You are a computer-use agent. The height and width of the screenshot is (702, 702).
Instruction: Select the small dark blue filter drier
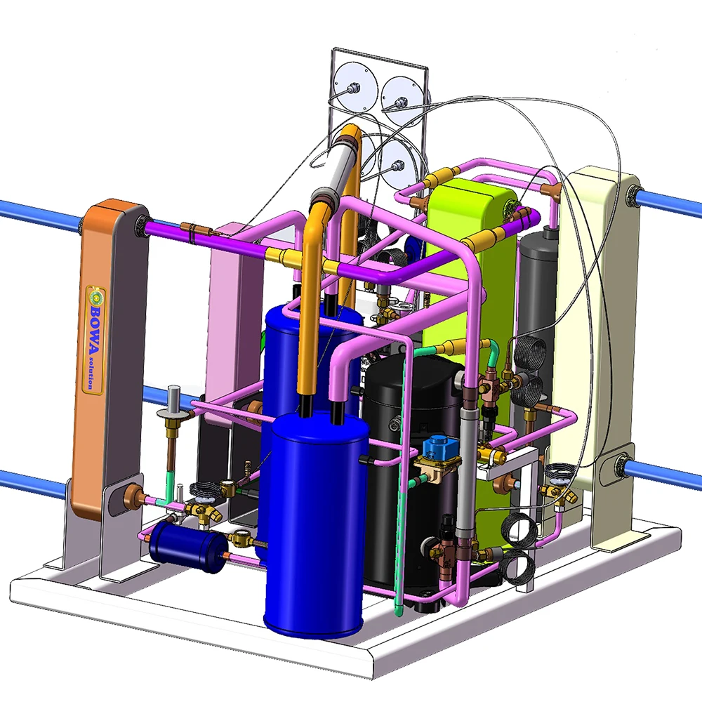pos(188,548)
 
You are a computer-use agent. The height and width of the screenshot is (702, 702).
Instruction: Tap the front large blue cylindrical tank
pos(319,522)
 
